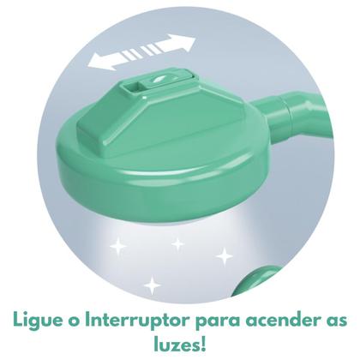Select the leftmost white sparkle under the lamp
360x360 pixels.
click(x=117, y=247)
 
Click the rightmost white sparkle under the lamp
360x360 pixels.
click(x=224, y=255)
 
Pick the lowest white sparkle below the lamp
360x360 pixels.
click(x=153, y=284)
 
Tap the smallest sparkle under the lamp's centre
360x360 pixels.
click(x=177, y=244)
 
